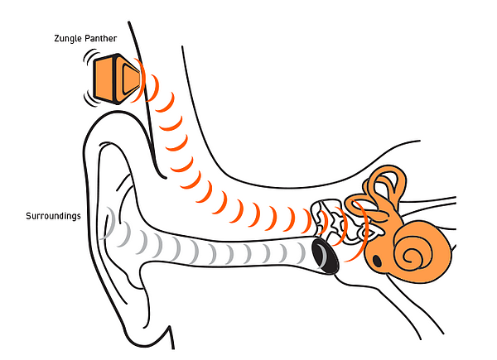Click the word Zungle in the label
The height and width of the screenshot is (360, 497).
tap(45, 38)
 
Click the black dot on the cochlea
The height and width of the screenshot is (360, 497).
tap(379, 262)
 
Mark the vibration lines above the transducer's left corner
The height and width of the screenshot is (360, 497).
tap(89, 59)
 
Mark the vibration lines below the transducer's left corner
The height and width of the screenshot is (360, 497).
tap(89, 98)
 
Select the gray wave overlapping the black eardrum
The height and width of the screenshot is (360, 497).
tap(320, 253)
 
